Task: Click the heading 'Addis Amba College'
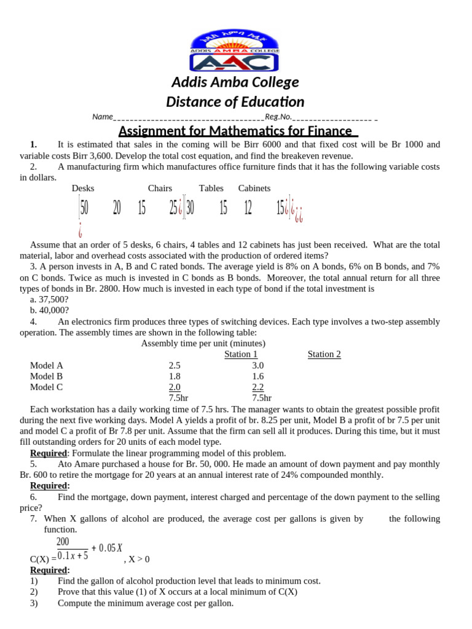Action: click(x=235, y=82)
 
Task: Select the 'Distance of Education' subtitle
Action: click(x=235, y=102)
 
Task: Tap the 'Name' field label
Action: click(x=103, y=117)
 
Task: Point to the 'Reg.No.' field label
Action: click(x=278, y=117)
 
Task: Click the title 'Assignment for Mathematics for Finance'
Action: click(x=237, y=131)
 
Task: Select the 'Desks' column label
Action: click(x=83, y=189)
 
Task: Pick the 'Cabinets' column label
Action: click(x=254, y=189)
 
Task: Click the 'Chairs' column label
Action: click(x=160, y=189)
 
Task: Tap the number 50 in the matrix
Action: click(x=84, y=209)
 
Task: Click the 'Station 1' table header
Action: click(x=241, y=354)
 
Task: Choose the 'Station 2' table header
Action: click(x=324, y=354)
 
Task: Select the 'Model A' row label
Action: click(x=47, y=365)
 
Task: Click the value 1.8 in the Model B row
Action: click(x=175, y=377)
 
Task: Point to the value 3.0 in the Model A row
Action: click(x=258, y=365)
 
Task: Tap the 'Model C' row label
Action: click(x=47, y=388)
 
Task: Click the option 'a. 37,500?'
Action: click(x=49, y=299)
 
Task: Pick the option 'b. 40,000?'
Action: click(x=49, y=310)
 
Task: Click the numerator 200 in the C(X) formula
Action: click(x=63, y=542)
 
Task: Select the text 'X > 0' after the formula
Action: click(x=138, y=559)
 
